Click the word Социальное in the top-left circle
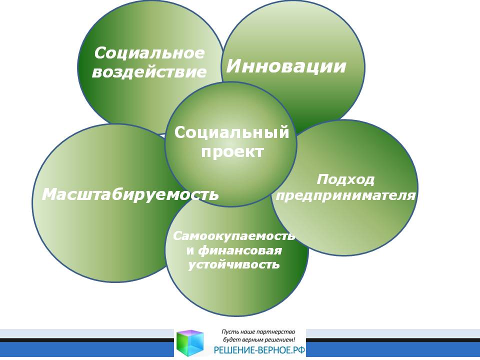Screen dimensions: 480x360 point(149,53)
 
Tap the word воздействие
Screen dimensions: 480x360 point(149,72)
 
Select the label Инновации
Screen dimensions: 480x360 point(286,66)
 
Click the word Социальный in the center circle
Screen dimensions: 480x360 point(231,132)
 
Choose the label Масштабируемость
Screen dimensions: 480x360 point(130,194)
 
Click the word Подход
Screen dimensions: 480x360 point(345,179)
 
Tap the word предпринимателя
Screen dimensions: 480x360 point(345,195)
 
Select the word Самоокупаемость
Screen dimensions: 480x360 point(234,235)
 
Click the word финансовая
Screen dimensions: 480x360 point(239,250)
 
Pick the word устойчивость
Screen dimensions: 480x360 point(233,264)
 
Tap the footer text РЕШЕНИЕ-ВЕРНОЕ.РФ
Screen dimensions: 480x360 point(259,349)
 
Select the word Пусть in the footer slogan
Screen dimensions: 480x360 point(228,331)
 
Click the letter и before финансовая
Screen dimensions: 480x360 point(190,250)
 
